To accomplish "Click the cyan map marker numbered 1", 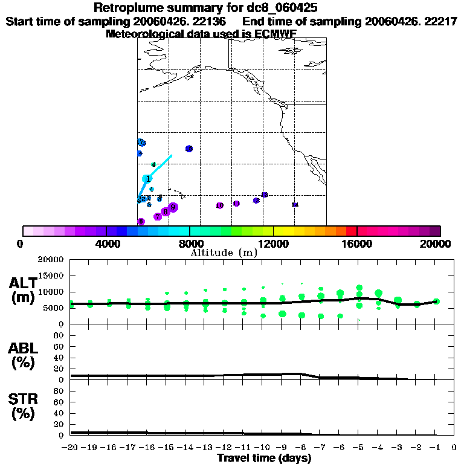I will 147,179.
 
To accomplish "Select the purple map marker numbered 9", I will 173,207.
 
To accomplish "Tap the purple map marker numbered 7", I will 158,216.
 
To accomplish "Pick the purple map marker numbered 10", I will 219,206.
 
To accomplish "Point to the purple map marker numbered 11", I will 236,204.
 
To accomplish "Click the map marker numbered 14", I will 295,205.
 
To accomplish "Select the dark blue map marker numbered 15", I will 189,149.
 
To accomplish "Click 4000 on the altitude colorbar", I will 106,243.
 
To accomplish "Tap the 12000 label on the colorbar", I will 274,243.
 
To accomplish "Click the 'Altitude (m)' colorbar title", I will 224,253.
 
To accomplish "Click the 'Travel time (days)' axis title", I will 265,458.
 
